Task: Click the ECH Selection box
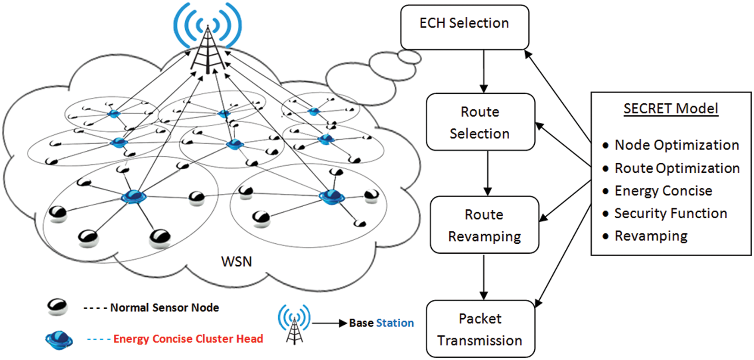pos(464,27)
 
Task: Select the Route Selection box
pos(480,122)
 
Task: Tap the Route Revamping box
pos(484,225)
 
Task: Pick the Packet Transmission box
pos(480,329)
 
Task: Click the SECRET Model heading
pos(671,109)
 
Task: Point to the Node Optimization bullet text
pos(676,145)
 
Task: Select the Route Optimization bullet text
pos(677,168)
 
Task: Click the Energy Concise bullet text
pos(663,191)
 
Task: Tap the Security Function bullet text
pos(670,213)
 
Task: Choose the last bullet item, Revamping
pos(651,236)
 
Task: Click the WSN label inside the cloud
pos(236,261)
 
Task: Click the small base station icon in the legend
pos(294,324)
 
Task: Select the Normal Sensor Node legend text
pos(164,307)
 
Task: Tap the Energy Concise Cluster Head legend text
pos(188,339)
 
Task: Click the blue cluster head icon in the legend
pos(59,340)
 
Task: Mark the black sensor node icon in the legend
pos(57,307)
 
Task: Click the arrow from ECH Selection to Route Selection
pos(483,71)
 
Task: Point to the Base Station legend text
pos(381,323)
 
